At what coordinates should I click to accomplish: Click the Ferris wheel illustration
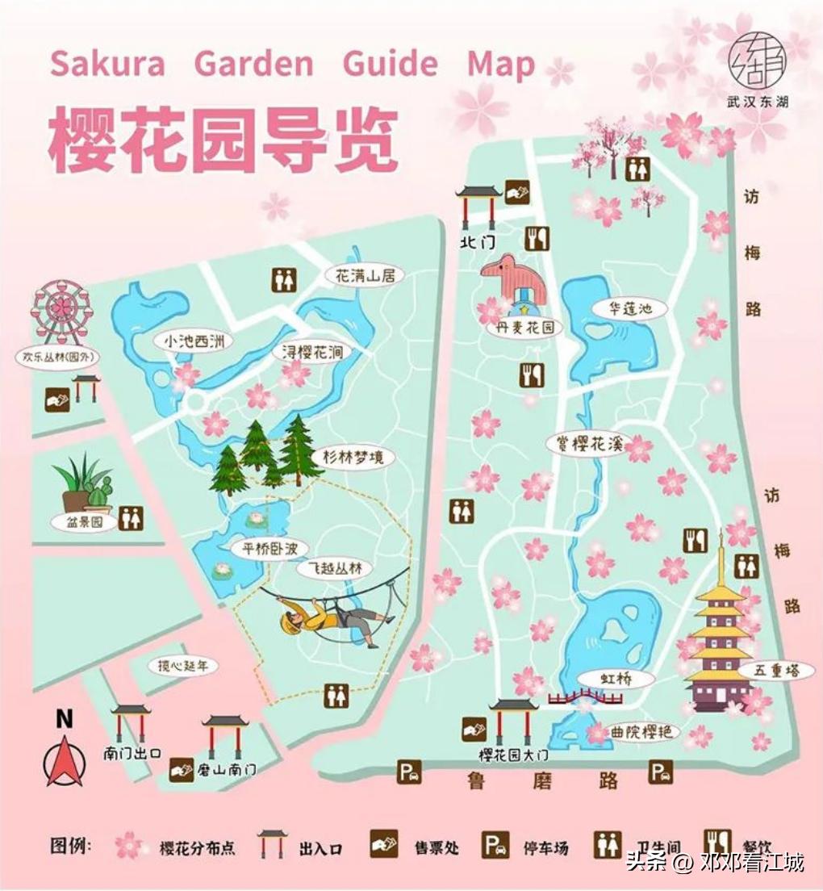[62, 311]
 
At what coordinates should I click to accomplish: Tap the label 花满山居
[365, 275]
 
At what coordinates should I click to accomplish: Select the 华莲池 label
[629, 308]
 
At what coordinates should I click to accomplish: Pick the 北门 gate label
[477, 241]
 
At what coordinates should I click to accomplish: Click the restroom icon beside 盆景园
[131, 519]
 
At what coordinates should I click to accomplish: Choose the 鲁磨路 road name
[542, 780]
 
